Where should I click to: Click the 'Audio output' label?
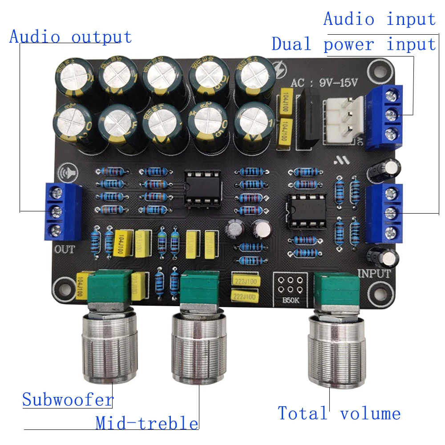coord(70,36)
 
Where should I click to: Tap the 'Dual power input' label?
coord(354,44)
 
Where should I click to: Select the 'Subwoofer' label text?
coord(68,400)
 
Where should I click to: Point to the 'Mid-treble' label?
coord(147,423)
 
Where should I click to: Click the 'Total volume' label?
coord(339,413)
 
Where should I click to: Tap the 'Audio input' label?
coord(379,19)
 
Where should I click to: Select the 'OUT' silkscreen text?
coord(65,249)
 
